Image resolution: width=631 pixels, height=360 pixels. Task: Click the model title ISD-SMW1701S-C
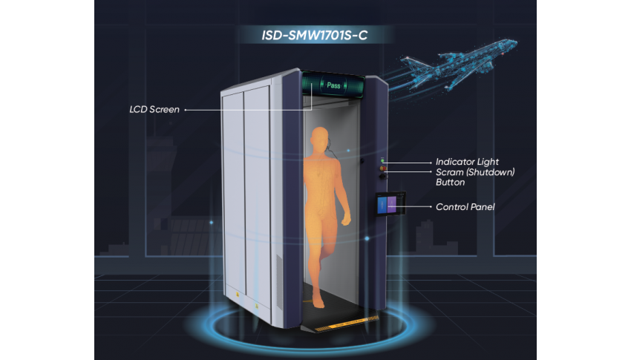(314, 36)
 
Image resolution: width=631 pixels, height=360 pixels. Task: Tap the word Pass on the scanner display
(333, 85)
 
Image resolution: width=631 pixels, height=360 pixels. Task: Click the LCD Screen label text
(154, 109)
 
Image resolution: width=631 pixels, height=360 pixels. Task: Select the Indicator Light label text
(467, 162)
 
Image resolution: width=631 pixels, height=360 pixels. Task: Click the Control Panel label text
(465, 207)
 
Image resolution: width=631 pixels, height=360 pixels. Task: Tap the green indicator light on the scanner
(382, 161)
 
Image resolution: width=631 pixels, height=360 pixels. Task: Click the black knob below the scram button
(383, 176)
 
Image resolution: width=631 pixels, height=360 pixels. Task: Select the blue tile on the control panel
(382, 205)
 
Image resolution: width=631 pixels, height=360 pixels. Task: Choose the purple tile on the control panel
(391, 204)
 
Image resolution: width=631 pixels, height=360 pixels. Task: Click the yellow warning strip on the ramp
(347, 324)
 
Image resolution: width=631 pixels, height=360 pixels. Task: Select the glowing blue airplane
(459, 64)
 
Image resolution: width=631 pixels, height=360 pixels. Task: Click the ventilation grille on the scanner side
(279, 282)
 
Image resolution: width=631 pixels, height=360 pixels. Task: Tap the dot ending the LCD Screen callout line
(185, 110)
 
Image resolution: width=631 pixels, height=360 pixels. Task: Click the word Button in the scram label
(451, 182)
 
